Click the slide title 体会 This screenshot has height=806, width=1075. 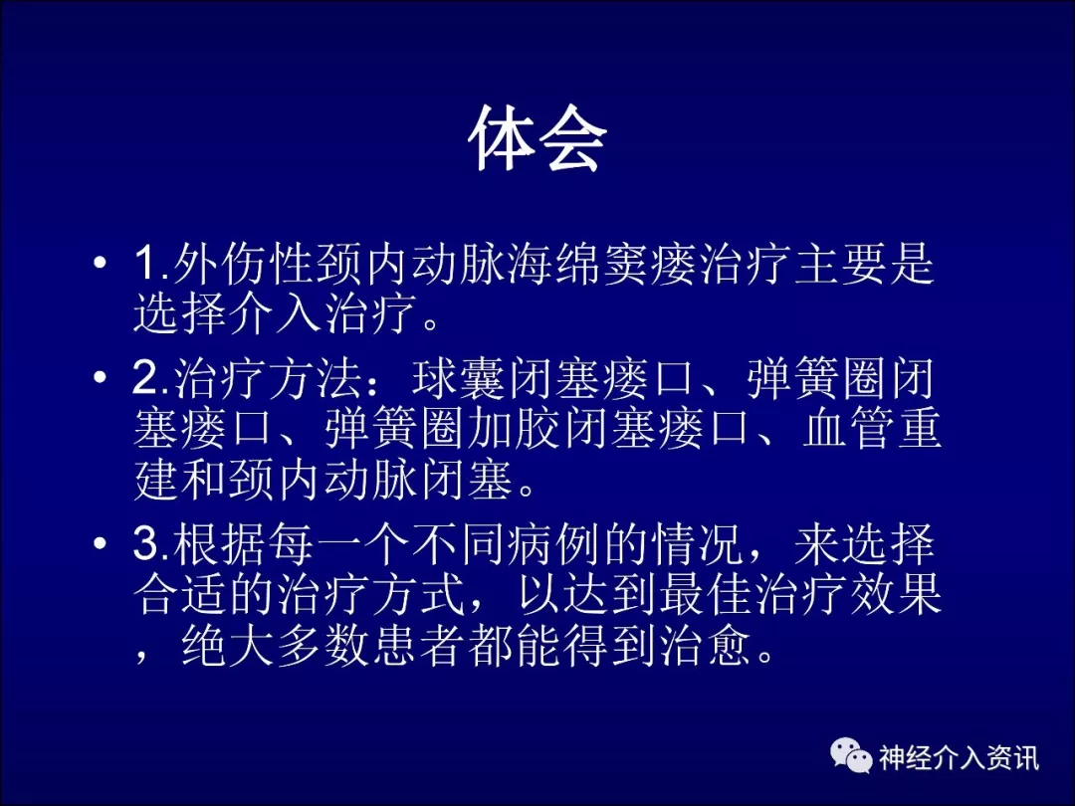click(x=537, y=138)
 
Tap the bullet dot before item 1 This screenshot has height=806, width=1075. click(x=101, y=263)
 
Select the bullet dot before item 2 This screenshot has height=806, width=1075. click(x=101, y=376)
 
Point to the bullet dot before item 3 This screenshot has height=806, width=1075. click(x=101, y=543)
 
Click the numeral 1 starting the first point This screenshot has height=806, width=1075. click(x=146, y=263)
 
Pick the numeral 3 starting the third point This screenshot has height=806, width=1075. click(x=146, y=543)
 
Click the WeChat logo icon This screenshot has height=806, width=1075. click(x=851, y=755)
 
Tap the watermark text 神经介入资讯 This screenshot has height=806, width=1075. click(x=959, y=757)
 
